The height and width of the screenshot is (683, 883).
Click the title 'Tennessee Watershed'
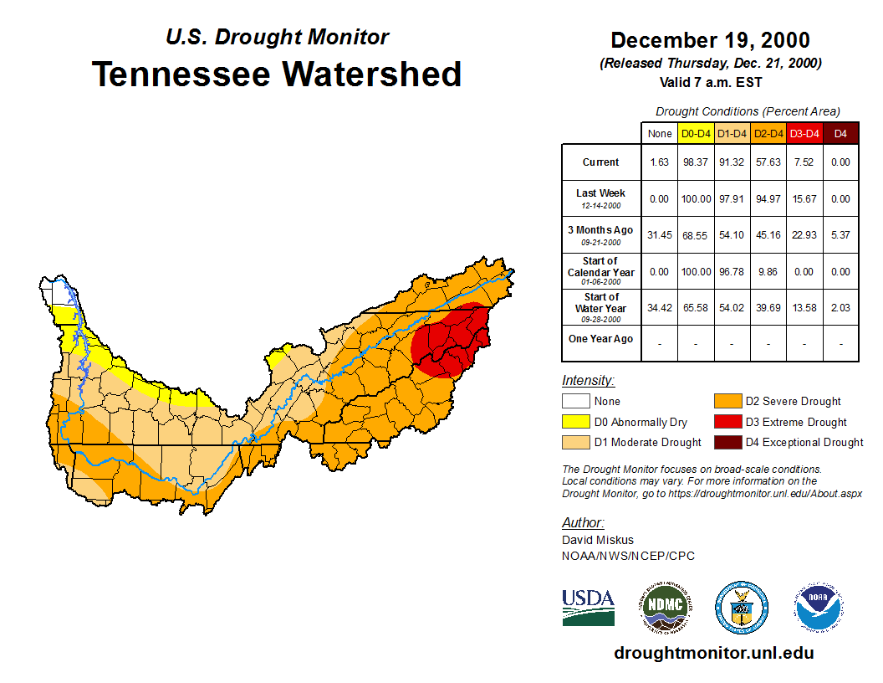277,74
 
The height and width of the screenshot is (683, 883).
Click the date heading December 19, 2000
710,40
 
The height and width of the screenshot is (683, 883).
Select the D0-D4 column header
696,134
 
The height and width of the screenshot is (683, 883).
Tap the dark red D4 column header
840,134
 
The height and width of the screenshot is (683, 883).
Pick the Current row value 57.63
767,162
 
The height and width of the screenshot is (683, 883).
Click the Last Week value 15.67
804,199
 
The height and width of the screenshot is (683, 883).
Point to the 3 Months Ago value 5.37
840,235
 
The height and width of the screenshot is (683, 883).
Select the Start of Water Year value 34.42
660,308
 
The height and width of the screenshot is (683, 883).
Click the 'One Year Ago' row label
600,339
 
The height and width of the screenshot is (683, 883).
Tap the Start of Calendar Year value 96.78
732,272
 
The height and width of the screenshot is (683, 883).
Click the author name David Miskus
598,540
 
